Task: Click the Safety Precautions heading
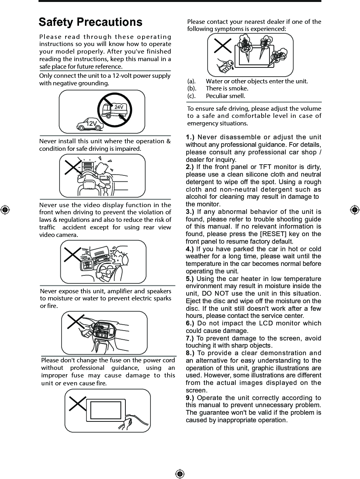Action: [x=90, y=22]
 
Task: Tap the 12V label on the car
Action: [x=91, y=124]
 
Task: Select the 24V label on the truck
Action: [x=119, y=107]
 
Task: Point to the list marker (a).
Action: [x=192, y=81]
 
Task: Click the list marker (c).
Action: [x=191, y=96]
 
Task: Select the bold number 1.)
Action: [x=190, y=137]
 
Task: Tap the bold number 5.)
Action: [x=190, y=279]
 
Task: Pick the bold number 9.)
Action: [x=190, y=398]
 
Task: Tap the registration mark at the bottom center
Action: [x=180, y=474]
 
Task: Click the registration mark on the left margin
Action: [x=5, y=210]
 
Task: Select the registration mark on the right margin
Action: [x=354, y=210]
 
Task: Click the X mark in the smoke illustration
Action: [x=223, y=45]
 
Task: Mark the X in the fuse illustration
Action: [x=77, y=403]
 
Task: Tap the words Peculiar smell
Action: [x=225, y=96]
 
